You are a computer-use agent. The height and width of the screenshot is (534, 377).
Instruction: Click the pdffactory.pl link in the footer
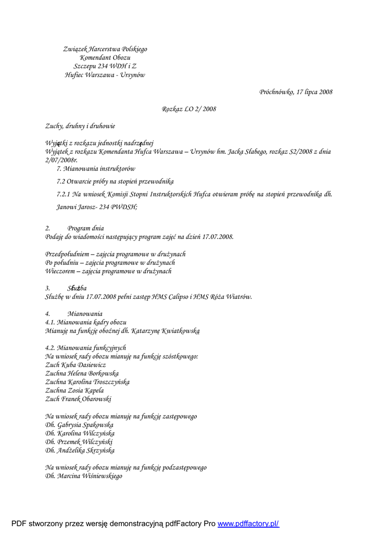(248, 524)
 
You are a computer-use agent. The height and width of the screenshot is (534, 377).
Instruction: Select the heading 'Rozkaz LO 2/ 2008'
(188, 109)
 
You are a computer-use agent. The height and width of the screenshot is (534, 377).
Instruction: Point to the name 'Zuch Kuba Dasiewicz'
(76, 365)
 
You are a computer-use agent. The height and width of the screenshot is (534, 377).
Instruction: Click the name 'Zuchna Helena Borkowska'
(82, 373)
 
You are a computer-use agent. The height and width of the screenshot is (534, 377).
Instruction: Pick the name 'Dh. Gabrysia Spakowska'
(79, 425)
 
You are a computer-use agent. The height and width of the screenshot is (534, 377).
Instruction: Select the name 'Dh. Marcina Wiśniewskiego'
(84, 476)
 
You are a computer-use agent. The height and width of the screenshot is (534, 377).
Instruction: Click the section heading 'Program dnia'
(85, 228)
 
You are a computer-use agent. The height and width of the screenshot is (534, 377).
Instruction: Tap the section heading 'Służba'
(77, 288)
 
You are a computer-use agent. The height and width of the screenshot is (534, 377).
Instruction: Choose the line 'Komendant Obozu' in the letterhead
(105, 58)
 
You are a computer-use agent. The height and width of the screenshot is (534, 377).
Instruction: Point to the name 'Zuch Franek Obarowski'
(79, 399)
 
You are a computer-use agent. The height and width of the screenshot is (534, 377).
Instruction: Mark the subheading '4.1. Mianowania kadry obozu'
(86, 322)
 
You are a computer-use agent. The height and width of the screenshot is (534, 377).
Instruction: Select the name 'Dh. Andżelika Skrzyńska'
(80, 451)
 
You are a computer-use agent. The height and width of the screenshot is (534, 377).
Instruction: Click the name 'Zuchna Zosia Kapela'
(74, 391)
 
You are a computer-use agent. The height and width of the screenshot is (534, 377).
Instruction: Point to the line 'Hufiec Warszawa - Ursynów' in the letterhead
(105, 75)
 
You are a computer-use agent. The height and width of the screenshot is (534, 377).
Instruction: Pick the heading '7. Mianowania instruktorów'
(96, 169)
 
